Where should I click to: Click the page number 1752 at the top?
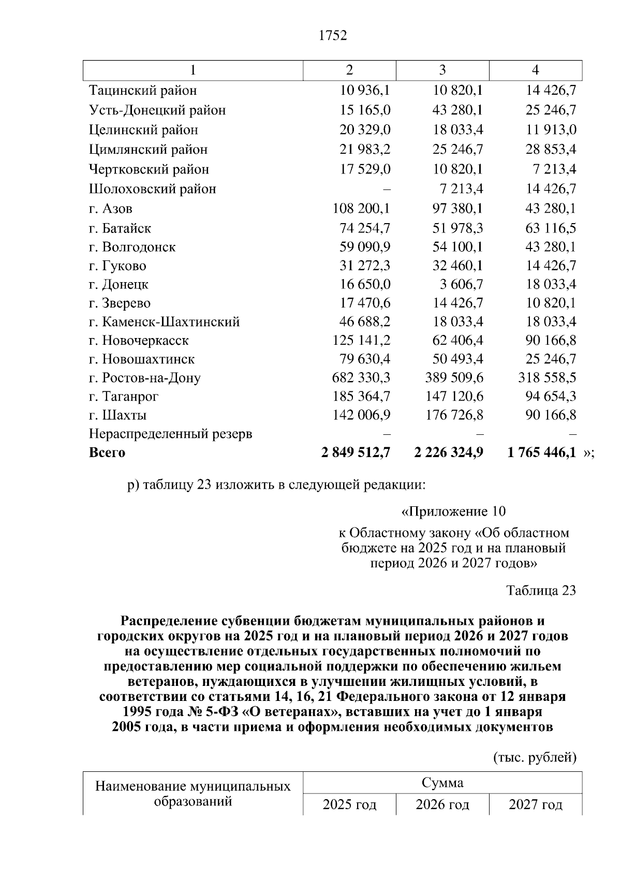pyautogui.click(x=333, y=36)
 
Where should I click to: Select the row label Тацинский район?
pyautogui.click(x=143, y=91)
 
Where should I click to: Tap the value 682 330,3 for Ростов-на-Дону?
pyautogui.click(x=361, y=378)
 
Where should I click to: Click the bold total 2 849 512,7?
pyautogui.click(x=355, y=453)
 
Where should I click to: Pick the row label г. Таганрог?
pyautogui.click(x=124, y=397)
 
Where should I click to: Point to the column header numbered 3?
pyautogui.click(x=442, y=70)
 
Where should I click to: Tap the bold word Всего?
pyautogui.click(x=107, y=453)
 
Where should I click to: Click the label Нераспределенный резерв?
pyautogui.click(x=170, y=434)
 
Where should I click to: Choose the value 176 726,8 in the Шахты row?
pyautogui.click(x=454, y=415)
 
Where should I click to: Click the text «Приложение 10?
pyautogui.click(x=453, y=512)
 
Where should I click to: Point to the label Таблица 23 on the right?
pyautogui.click(x=541, y=591)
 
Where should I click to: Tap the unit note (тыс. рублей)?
pyautogui.click(x=534, y=758)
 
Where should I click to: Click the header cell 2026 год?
pyautogui.click(x=442, y=805)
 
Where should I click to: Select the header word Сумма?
pyautogui.click(x=442, y=782)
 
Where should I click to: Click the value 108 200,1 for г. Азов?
pyautogui.click(x=361, y=209)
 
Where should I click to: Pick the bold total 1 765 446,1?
pyautogui.click(x=541, y=453)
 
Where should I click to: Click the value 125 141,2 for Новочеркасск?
pyautogui.click(x=361, y=341)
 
